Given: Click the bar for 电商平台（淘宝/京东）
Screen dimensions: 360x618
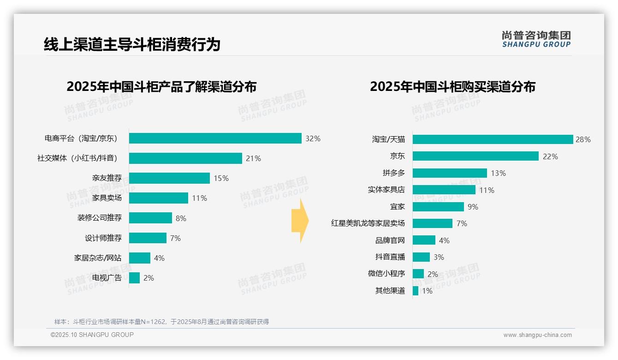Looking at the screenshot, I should click(x=215, y=138).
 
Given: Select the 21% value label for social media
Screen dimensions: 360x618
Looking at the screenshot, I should click(x=253, y=158).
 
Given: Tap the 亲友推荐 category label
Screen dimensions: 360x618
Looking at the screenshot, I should click(x=107, y=178).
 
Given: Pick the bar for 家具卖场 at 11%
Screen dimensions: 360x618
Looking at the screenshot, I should click(x=158, y=198).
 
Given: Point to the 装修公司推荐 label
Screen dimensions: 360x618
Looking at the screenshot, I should click(x=99, y=218).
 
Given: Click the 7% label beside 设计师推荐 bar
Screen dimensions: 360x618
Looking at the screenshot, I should click(x=175, y=238).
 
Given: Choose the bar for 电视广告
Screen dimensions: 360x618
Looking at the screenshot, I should click(x=134, y=278).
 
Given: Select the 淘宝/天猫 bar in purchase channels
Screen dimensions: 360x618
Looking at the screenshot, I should click(x=493, y=139).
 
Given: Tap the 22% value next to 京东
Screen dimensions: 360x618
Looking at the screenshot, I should click(x=550, y=156).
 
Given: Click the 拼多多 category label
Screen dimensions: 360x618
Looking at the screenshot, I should click(x=393, y=173).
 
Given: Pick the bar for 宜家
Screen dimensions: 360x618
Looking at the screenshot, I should click(x=438, y=207).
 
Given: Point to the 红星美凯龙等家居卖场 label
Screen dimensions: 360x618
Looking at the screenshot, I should click(x=368, y=223).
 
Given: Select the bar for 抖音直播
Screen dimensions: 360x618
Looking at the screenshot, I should click(x=421, y=257).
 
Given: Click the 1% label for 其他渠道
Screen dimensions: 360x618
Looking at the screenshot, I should click(x=427, y=291).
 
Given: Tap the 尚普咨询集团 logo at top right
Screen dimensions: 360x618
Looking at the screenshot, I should click(x=536, y=39).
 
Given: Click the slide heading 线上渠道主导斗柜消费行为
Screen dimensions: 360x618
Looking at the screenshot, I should click(x=132, y=44).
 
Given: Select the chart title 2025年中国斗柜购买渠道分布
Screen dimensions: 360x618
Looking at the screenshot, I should click(x=452, y=86).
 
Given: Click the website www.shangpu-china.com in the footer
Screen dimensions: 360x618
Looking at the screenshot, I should click(x=537, y=335).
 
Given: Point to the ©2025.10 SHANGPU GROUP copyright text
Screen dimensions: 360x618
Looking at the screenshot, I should click(x=92, y=335).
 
